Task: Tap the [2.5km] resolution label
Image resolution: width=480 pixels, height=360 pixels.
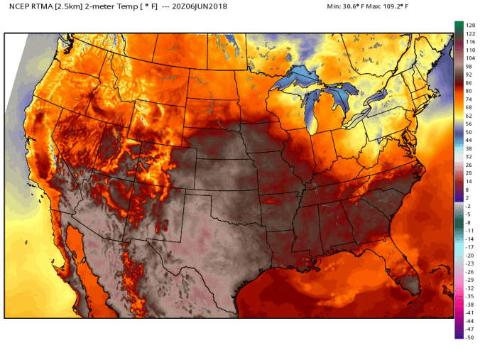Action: [80, 8]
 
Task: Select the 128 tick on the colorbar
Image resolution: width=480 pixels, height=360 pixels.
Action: [469, 25]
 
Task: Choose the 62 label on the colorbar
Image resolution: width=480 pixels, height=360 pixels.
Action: [469, 115]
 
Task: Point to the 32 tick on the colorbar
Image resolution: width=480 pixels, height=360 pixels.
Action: [469, 156]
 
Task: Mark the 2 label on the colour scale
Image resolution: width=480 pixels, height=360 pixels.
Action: [469, 197]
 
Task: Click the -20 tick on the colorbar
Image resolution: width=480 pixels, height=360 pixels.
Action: [469, 255]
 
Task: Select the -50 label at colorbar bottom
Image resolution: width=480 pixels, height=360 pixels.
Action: [469, 337]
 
